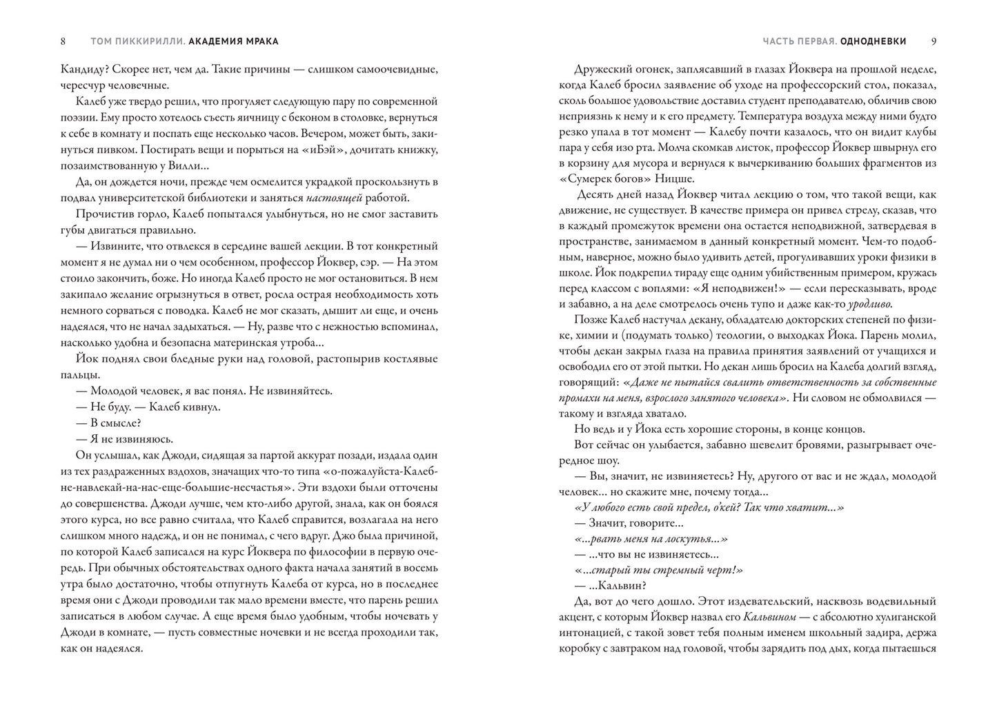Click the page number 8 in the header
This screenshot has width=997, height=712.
(x=63, y=41)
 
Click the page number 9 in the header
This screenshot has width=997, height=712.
(x=934, y=41)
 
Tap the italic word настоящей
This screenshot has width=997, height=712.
(x=357, y=198)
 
